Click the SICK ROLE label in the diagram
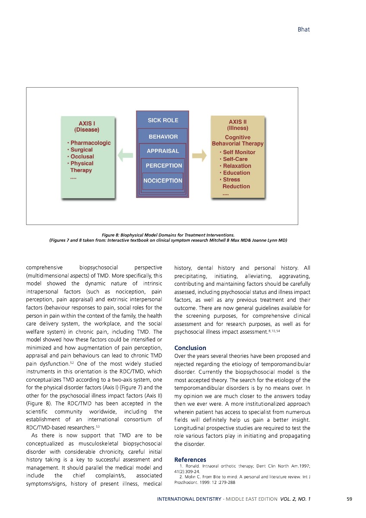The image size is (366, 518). click(x=163, y=120)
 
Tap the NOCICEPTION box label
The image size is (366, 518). click(x=163, y=181)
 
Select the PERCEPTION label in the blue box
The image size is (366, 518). click(x=164, y=166)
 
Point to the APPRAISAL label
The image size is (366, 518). click(x=163, y=151)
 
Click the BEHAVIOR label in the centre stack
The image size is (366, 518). click(x=163, y=137)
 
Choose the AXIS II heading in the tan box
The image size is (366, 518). click(x=238, y=122)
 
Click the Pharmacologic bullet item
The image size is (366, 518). click(x=90, y=143)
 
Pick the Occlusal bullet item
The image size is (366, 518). click(x=82, y=157)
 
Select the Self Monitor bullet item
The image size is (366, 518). click(x=239, y=152)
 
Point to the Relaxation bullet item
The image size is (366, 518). click(x=237, y=166)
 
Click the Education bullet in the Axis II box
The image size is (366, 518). click(x=236, y=173)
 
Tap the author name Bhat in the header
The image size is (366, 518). click(x=304, y=30)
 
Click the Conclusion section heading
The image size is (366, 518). click(x=190, y=348)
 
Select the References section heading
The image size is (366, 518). click(x=190, y=460)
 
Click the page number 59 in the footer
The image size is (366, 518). click(x=349, y=499)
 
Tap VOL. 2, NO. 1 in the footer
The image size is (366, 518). click(x=295, y=499)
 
